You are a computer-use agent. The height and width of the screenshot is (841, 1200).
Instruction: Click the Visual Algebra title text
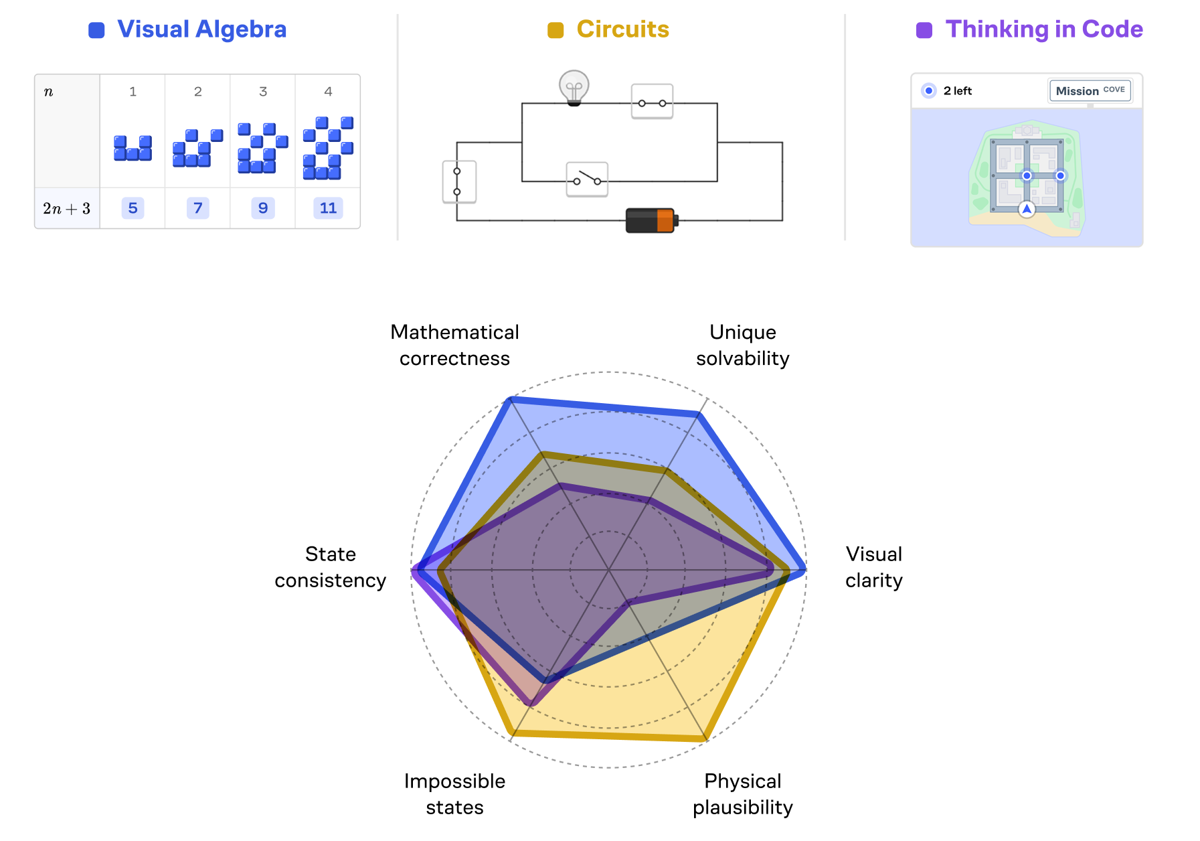(201, 29)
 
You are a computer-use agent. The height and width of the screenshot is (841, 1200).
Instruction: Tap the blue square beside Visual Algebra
(97, 30)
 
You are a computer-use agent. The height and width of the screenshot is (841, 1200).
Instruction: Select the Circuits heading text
(622, 29)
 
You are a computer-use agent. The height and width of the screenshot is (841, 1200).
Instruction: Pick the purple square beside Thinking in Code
(924, 30)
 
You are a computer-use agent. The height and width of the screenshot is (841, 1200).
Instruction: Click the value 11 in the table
(328, 208)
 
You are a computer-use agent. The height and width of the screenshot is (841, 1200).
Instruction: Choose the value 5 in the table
(133, 208)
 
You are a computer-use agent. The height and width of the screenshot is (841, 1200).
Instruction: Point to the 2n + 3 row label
(67, 208)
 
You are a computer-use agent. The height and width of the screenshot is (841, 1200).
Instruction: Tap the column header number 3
(263, 91)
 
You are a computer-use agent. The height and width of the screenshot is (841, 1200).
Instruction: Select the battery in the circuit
(651, 220)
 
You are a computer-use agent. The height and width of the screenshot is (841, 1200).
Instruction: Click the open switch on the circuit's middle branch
(587, 179)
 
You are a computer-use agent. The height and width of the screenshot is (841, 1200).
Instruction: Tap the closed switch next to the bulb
(652, 102)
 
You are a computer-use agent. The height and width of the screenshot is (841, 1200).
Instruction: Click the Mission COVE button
(1090, 90)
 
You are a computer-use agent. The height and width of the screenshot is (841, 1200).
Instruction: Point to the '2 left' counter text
(957, 90)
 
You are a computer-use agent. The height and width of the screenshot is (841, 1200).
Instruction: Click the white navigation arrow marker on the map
(1027, 209)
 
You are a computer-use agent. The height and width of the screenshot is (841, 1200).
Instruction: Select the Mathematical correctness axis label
(454, 345)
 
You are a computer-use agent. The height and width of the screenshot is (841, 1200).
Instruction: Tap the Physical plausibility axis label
(742, 793)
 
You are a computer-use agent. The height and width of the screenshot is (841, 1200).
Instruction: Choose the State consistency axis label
(330, 566)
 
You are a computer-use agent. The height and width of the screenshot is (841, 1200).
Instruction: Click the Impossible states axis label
(454, 793)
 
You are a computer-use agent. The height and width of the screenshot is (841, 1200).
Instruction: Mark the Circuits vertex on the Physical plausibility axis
(705, 739)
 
